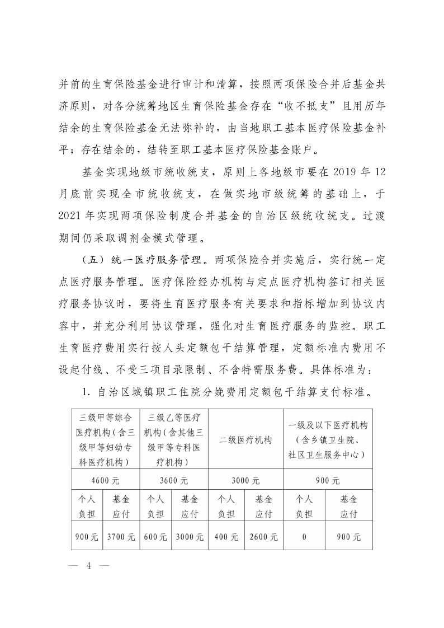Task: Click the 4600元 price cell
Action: click(105, 480)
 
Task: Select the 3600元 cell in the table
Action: click(174, 480)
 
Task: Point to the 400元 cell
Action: click(226, 537)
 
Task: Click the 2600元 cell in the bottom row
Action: click(264, 537)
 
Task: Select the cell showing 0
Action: click(304, 537)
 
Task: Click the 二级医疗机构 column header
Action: click(245, 440)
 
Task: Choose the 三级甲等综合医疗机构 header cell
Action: click(105, 440)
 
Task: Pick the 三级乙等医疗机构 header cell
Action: click(174, 440)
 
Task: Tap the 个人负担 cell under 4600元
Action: click(87, 506)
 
